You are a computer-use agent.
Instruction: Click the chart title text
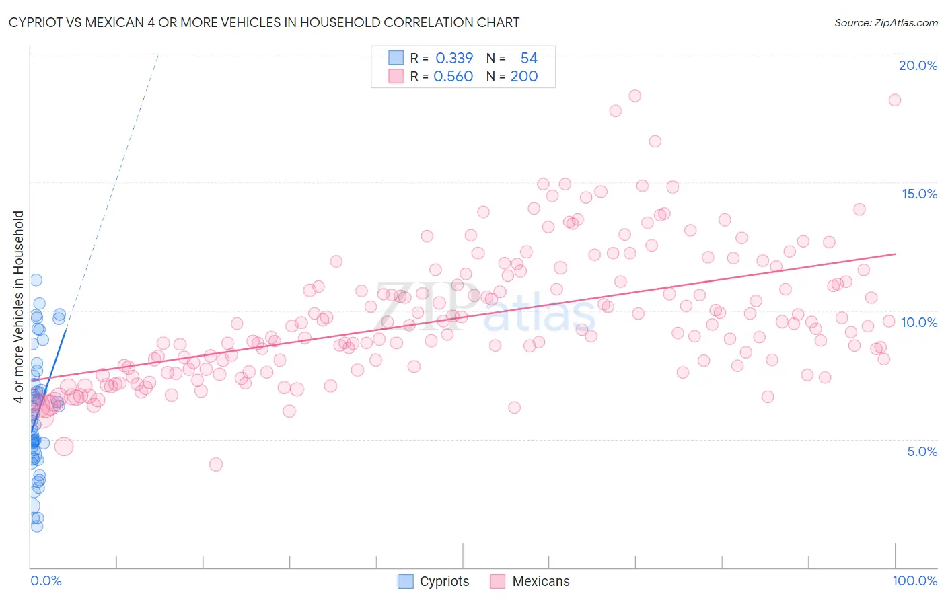[264, 22]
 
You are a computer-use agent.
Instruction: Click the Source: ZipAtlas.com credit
[885, 22]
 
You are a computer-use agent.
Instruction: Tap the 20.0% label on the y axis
[918, 65]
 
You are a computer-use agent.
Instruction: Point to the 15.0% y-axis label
[919, 194]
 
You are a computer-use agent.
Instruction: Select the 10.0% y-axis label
[919, 322]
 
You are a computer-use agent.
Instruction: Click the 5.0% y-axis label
[922, 451]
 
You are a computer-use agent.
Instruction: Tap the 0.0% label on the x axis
[46, 580]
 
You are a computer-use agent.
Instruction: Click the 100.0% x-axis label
[914, 580]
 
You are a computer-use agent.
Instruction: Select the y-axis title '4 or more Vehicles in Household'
[19, 307]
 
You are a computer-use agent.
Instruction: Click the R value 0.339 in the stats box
[454, 59]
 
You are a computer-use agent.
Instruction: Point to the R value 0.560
[453, 77]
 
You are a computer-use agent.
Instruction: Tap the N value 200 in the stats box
[523, 77]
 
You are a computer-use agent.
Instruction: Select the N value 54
[529, 59]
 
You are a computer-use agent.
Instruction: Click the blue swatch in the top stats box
[396, 58]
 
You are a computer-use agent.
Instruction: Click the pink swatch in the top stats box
[396, 76]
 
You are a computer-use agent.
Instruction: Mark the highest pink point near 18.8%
[634, 96]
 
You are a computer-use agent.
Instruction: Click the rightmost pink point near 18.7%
[894, 100]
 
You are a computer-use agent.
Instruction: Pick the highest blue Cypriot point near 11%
[36, 280]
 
